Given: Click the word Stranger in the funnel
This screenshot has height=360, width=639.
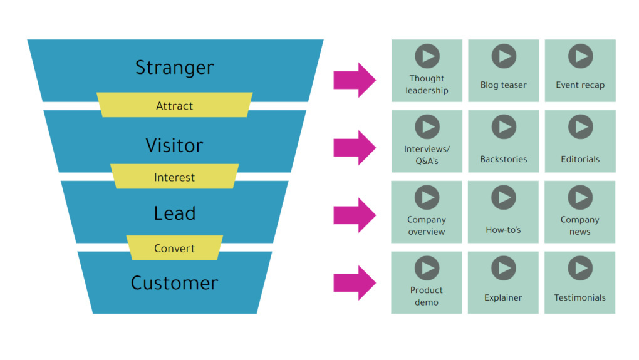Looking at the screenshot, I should [x=174, y=68].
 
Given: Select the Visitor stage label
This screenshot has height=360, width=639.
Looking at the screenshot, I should [x=174, y=145].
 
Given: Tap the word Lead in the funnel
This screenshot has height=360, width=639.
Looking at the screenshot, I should [x=174, y=213].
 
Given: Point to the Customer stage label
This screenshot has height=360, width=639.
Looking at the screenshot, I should [x=174, y=283].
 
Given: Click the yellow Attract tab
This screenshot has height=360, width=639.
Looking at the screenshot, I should [x=174, y=106].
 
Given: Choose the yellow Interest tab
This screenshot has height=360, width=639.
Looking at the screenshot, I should [x=174, y=177].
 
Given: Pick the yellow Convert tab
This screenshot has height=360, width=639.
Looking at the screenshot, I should [x=174, y=249].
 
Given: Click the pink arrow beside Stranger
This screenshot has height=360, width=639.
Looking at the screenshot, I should [x=354, y=80].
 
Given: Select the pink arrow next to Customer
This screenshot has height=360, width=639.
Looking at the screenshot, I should [x=354, y=282].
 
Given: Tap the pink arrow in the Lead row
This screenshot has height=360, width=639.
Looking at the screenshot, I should [x=354, y=215].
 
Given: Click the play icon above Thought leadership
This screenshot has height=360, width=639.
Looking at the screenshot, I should [x=427, y=56].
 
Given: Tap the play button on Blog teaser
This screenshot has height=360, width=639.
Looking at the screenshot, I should [x=503, y=56].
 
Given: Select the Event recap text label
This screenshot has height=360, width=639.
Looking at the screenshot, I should [x=580, y=85].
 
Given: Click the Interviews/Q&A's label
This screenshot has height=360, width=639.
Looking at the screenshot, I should [x=427, y=154].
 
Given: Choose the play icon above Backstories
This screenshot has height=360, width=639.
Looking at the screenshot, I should [x=503, y=127].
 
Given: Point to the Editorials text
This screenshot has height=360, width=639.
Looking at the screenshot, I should [x=580, y=159].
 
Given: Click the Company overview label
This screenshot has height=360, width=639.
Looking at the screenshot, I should [x=427, y=225].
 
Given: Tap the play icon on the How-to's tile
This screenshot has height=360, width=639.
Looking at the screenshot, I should [x=503, y=197].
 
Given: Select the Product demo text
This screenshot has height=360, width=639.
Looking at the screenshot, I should [x=427, y=296].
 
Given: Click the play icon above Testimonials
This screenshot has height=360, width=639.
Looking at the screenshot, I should [x=580, y=269].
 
